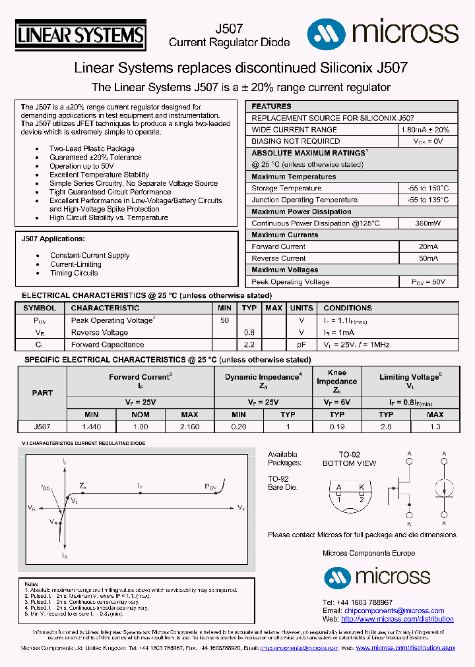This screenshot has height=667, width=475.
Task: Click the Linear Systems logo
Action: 80,34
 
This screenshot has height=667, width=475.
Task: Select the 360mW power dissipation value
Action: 427,223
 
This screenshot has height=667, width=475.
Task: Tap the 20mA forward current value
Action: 427,246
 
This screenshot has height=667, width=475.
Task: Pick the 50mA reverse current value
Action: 427,258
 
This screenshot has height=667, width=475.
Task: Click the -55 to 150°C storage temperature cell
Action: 427,188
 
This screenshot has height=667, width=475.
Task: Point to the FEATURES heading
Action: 271,106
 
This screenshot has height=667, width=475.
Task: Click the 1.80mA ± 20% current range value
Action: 425,130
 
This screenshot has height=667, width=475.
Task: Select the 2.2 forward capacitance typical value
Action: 249,345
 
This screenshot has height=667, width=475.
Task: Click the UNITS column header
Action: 301,308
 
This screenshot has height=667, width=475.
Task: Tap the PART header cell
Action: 42,393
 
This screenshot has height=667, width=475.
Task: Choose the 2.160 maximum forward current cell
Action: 189,426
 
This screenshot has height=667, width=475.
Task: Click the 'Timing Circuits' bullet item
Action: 74,273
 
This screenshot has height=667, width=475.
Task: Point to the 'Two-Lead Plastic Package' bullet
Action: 92,149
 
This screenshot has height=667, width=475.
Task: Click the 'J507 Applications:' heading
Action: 53,239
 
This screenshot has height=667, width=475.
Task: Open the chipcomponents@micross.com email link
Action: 394,611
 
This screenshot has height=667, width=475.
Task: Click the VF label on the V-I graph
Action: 241,507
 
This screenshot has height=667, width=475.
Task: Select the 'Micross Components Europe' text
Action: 368,553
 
